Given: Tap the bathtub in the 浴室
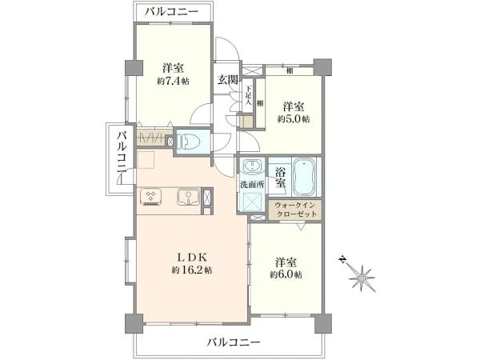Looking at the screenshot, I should coord(306,177).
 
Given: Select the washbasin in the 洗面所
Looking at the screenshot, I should coord(252,169).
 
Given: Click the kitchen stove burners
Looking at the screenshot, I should coord(151,196).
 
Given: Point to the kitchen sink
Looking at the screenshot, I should coord(187,196).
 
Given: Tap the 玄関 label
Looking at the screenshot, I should coord(227,79).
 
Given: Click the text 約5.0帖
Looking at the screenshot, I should coord(294,119).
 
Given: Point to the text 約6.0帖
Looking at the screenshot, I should coord(286,274).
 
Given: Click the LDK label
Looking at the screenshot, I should coord(192,257).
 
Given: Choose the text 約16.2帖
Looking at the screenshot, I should coord(192,270).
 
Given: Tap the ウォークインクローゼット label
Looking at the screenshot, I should coord(297,210).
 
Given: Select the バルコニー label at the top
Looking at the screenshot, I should coord(173,11).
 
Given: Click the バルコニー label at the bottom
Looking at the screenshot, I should coord(234,342).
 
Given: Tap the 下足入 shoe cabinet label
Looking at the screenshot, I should coord(249,97).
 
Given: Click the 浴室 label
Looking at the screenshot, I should coord(281,177).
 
